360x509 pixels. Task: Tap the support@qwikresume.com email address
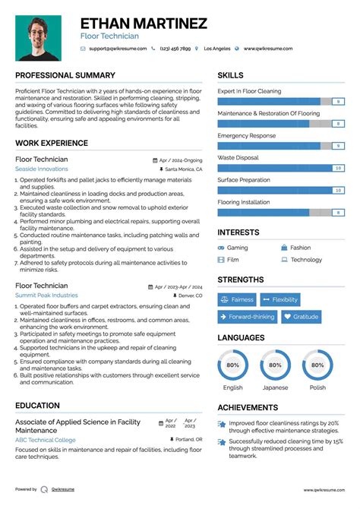pyautogui.click(x=117, y=49)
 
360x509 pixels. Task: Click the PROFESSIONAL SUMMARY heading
pyautogui.click(x=65, y=76)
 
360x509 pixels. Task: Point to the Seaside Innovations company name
pyautogui.click(x=41, y=169)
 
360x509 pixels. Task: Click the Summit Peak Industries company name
pyautogui.click(x=46, y=295)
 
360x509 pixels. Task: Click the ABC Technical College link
pyautogui.click(x=46, y=439)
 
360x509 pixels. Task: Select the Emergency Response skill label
pyautogui.click(x=247, y=135)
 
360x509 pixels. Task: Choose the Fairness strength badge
pyautogui.click(x=237, y=299)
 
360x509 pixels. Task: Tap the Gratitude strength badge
pyautogui.click(x=301, y=317)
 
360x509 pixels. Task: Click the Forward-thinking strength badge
pyautogui.click(x=248, y=317)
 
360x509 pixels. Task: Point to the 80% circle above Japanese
pyautogui.click(x=276, y=365)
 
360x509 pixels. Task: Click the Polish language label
pyautogui.click(x=317, y=387)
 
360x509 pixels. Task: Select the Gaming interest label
pyautogui.click(x=238, y=248)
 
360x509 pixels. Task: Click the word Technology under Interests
pyautogui.click(x=306, y=260)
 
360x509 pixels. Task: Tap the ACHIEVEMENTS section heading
pyautogui.click(x=248, y=407)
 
